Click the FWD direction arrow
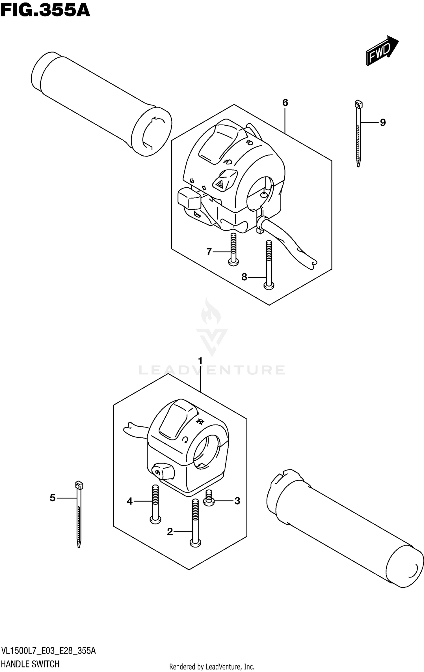[382, 51]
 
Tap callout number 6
[285, 103]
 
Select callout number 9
[382, 123]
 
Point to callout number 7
[209, 252]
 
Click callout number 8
[244, 277]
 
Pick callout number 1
[200, 361]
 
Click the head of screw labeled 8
[269, 286]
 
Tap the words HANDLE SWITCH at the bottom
[31, 664]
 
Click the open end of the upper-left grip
[152, 131]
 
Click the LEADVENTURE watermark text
[212, 370]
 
